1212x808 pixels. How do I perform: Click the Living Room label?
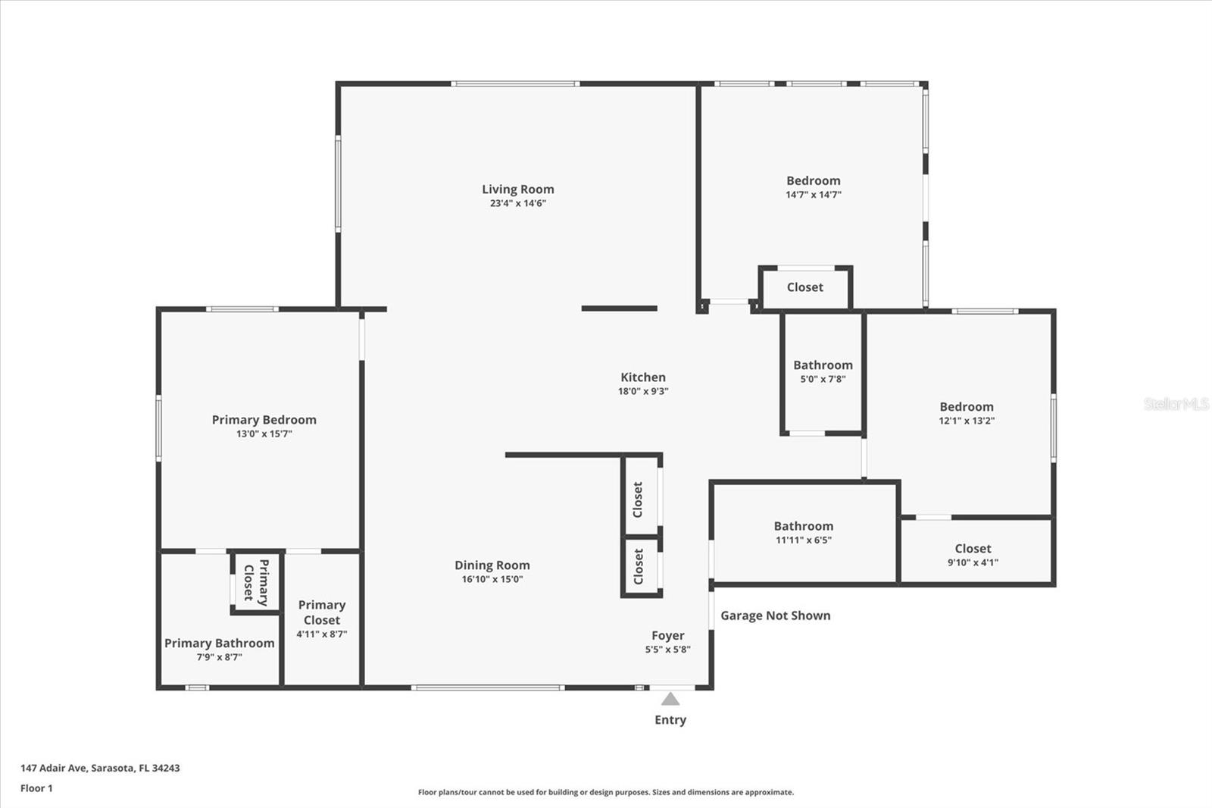(518, 189)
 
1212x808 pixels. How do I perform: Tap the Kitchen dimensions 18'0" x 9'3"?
(643, 392)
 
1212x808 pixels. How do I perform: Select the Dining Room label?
(492, 565)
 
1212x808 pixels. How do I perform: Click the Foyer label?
(667, 635)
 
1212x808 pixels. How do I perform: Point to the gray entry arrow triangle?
(670, 699)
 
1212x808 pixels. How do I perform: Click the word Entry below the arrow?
(670, 720)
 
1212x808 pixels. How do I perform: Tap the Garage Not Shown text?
(775, 615)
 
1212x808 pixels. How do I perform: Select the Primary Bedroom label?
(264, 420)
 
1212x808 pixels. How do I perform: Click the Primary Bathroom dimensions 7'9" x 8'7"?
(219, 657)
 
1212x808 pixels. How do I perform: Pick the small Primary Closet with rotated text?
(256, 582)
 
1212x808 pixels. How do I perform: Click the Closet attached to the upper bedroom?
(804, 287)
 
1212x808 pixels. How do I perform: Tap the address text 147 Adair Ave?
(100, 768)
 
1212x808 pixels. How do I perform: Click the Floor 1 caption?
(36, 788)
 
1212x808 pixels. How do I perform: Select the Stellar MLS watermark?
(1176, 404)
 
